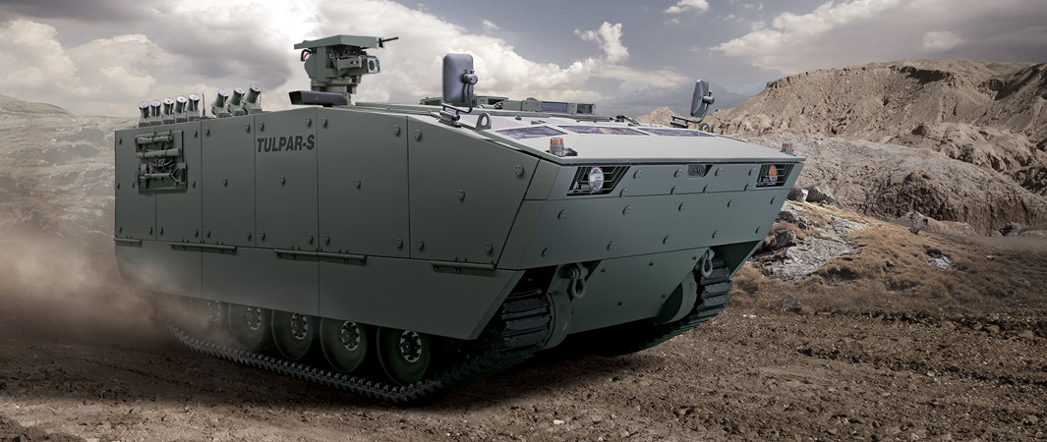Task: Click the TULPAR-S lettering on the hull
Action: click(285, 143)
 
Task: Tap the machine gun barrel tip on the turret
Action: click(395, 38)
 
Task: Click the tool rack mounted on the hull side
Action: click(160, 161)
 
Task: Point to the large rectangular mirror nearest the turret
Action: click(457, 80)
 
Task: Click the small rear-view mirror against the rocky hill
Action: click(700, 98)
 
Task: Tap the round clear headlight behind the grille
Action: click(596, 178)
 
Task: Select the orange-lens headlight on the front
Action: click(773, 173)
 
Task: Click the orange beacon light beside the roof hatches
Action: click(556, 146)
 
